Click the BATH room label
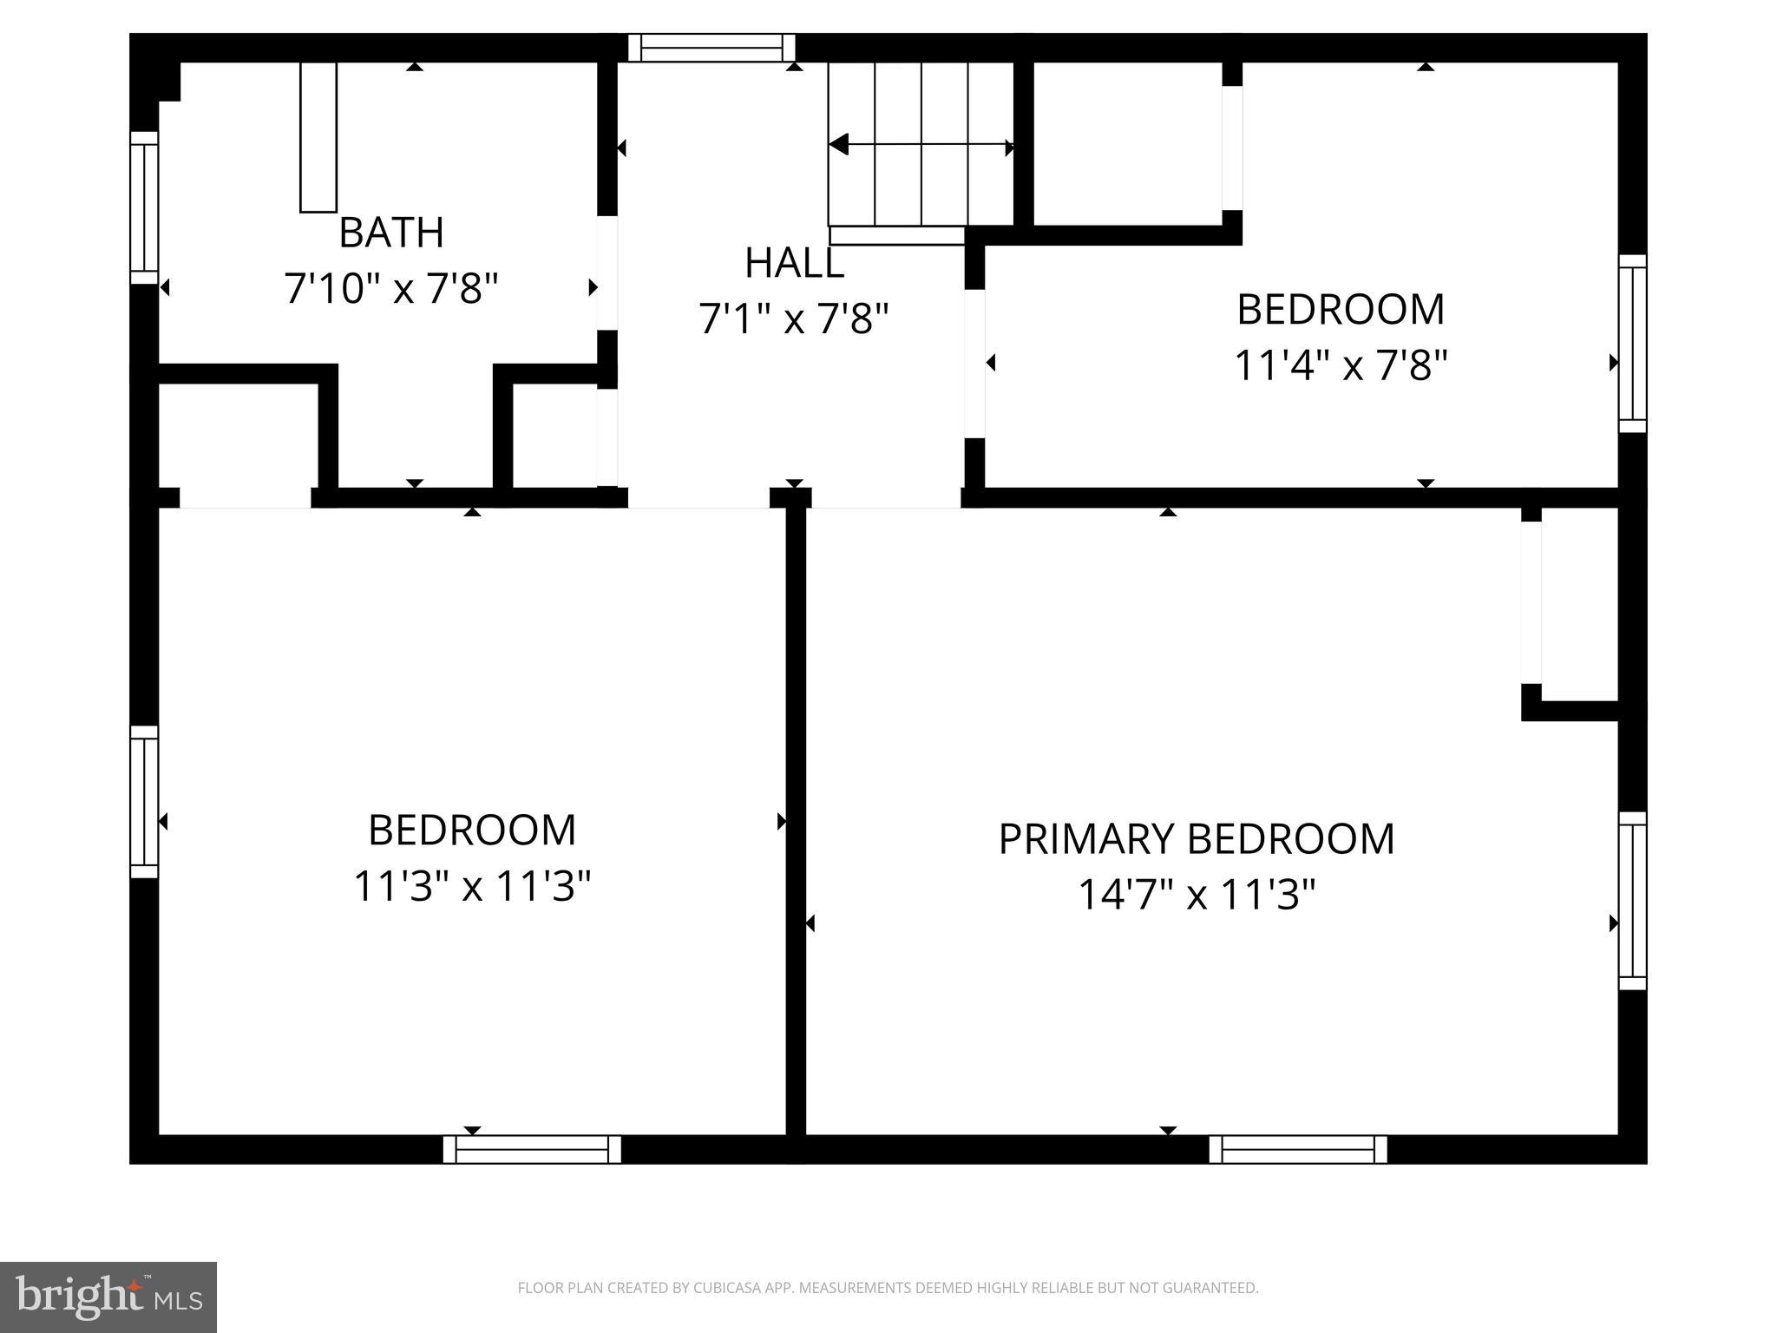pos(391,233)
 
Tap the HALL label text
pos(794,263)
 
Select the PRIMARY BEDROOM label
pos(1196,839)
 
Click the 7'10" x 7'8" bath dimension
pos(391,288)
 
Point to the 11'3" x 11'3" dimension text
pos(472,887)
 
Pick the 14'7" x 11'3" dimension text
pos(1196,895)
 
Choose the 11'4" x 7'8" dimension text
pos(1341,365)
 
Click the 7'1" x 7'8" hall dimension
pos(794,319)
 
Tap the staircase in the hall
pos(921,144)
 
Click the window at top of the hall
pos(711,48)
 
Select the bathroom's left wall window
pos(144,208)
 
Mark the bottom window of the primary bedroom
pos(1298,1149)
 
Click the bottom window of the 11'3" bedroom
pos(532,1149)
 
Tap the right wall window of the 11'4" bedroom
pos(1632,344)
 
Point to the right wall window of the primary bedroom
pos(1632,901)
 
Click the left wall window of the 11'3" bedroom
pos(144,802)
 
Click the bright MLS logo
pos(108,1297)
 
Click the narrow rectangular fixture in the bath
pos(318,137)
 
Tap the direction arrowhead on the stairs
pos(838,145)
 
